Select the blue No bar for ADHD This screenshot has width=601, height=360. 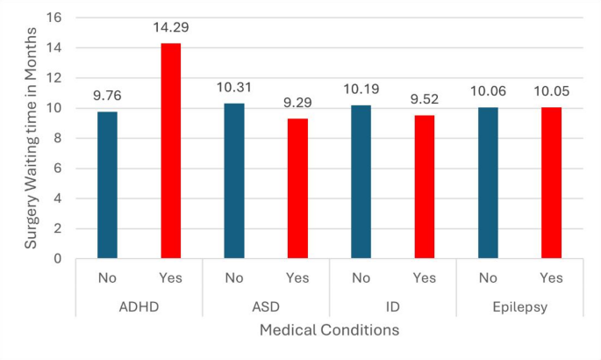(x=107, y=185)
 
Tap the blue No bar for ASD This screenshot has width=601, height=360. (x=234, y=181)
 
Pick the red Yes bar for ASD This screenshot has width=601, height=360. (x=297, y=189)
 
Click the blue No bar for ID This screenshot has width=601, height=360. (x=361, y=182)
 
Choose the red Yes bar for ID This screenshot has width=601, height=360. (x=424, y=187)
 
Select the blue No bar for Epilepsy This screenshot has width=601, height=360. (x=488, y=183)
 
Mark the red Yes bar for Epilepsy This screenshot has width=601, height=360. (x=551, y=183)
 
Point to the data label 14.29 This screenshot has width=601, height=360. (x=170, y=27)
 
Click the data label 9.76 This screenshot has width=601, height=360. (x=107, y=96)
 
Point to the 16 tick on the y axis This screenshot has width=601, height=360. (x=57, y=18)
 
